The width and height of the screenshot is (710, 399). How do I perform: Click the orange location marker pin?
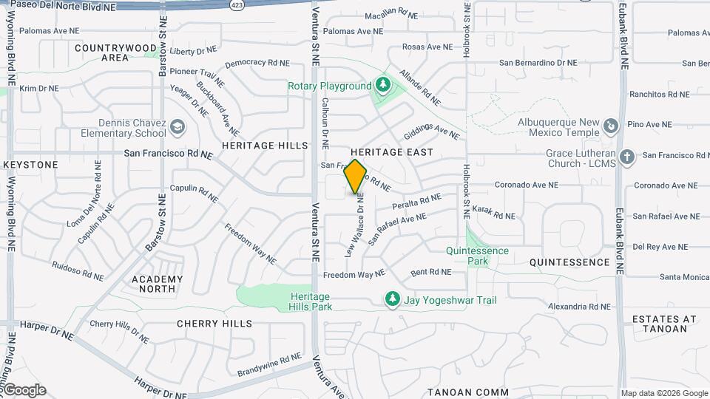click(x=356, y=177)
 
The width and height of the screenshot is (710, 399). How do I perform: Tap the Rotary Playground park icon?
click(x=382, y=86)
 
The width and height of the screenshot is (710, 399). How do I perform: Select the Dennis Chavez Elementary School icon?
click(x=177, y=128)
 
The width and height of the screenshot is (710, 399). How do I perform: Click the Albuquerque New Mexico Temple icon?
click(x=610, y=127)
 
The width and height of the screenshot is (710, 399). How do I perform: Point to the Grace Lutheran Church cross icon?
click(x=627, y=157)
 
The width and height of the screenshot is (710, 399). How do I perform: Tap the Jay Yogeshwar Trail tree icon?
click(x=393, y=300)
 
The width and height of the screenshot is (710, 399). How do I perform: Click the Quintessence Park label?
click(x=477, y=256)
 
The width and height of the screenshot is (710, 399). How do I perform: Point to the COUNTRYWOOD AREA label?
click(x=115, y=52)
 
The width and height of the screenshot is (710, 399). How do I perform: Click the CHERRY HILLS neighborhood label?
click(x=214, y=324)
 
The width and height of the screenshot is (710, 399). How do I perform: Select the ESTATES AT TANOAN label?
click(x=664, y=324)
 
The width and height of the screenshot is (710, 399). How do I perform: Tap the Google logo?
click(x=24, y=390)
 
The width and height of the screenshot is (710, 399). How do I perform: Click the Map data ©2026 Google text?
click(x=663, y=393)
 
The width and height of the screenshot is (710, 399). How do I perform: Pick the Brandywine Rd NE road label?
click(x=269, y=364)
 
